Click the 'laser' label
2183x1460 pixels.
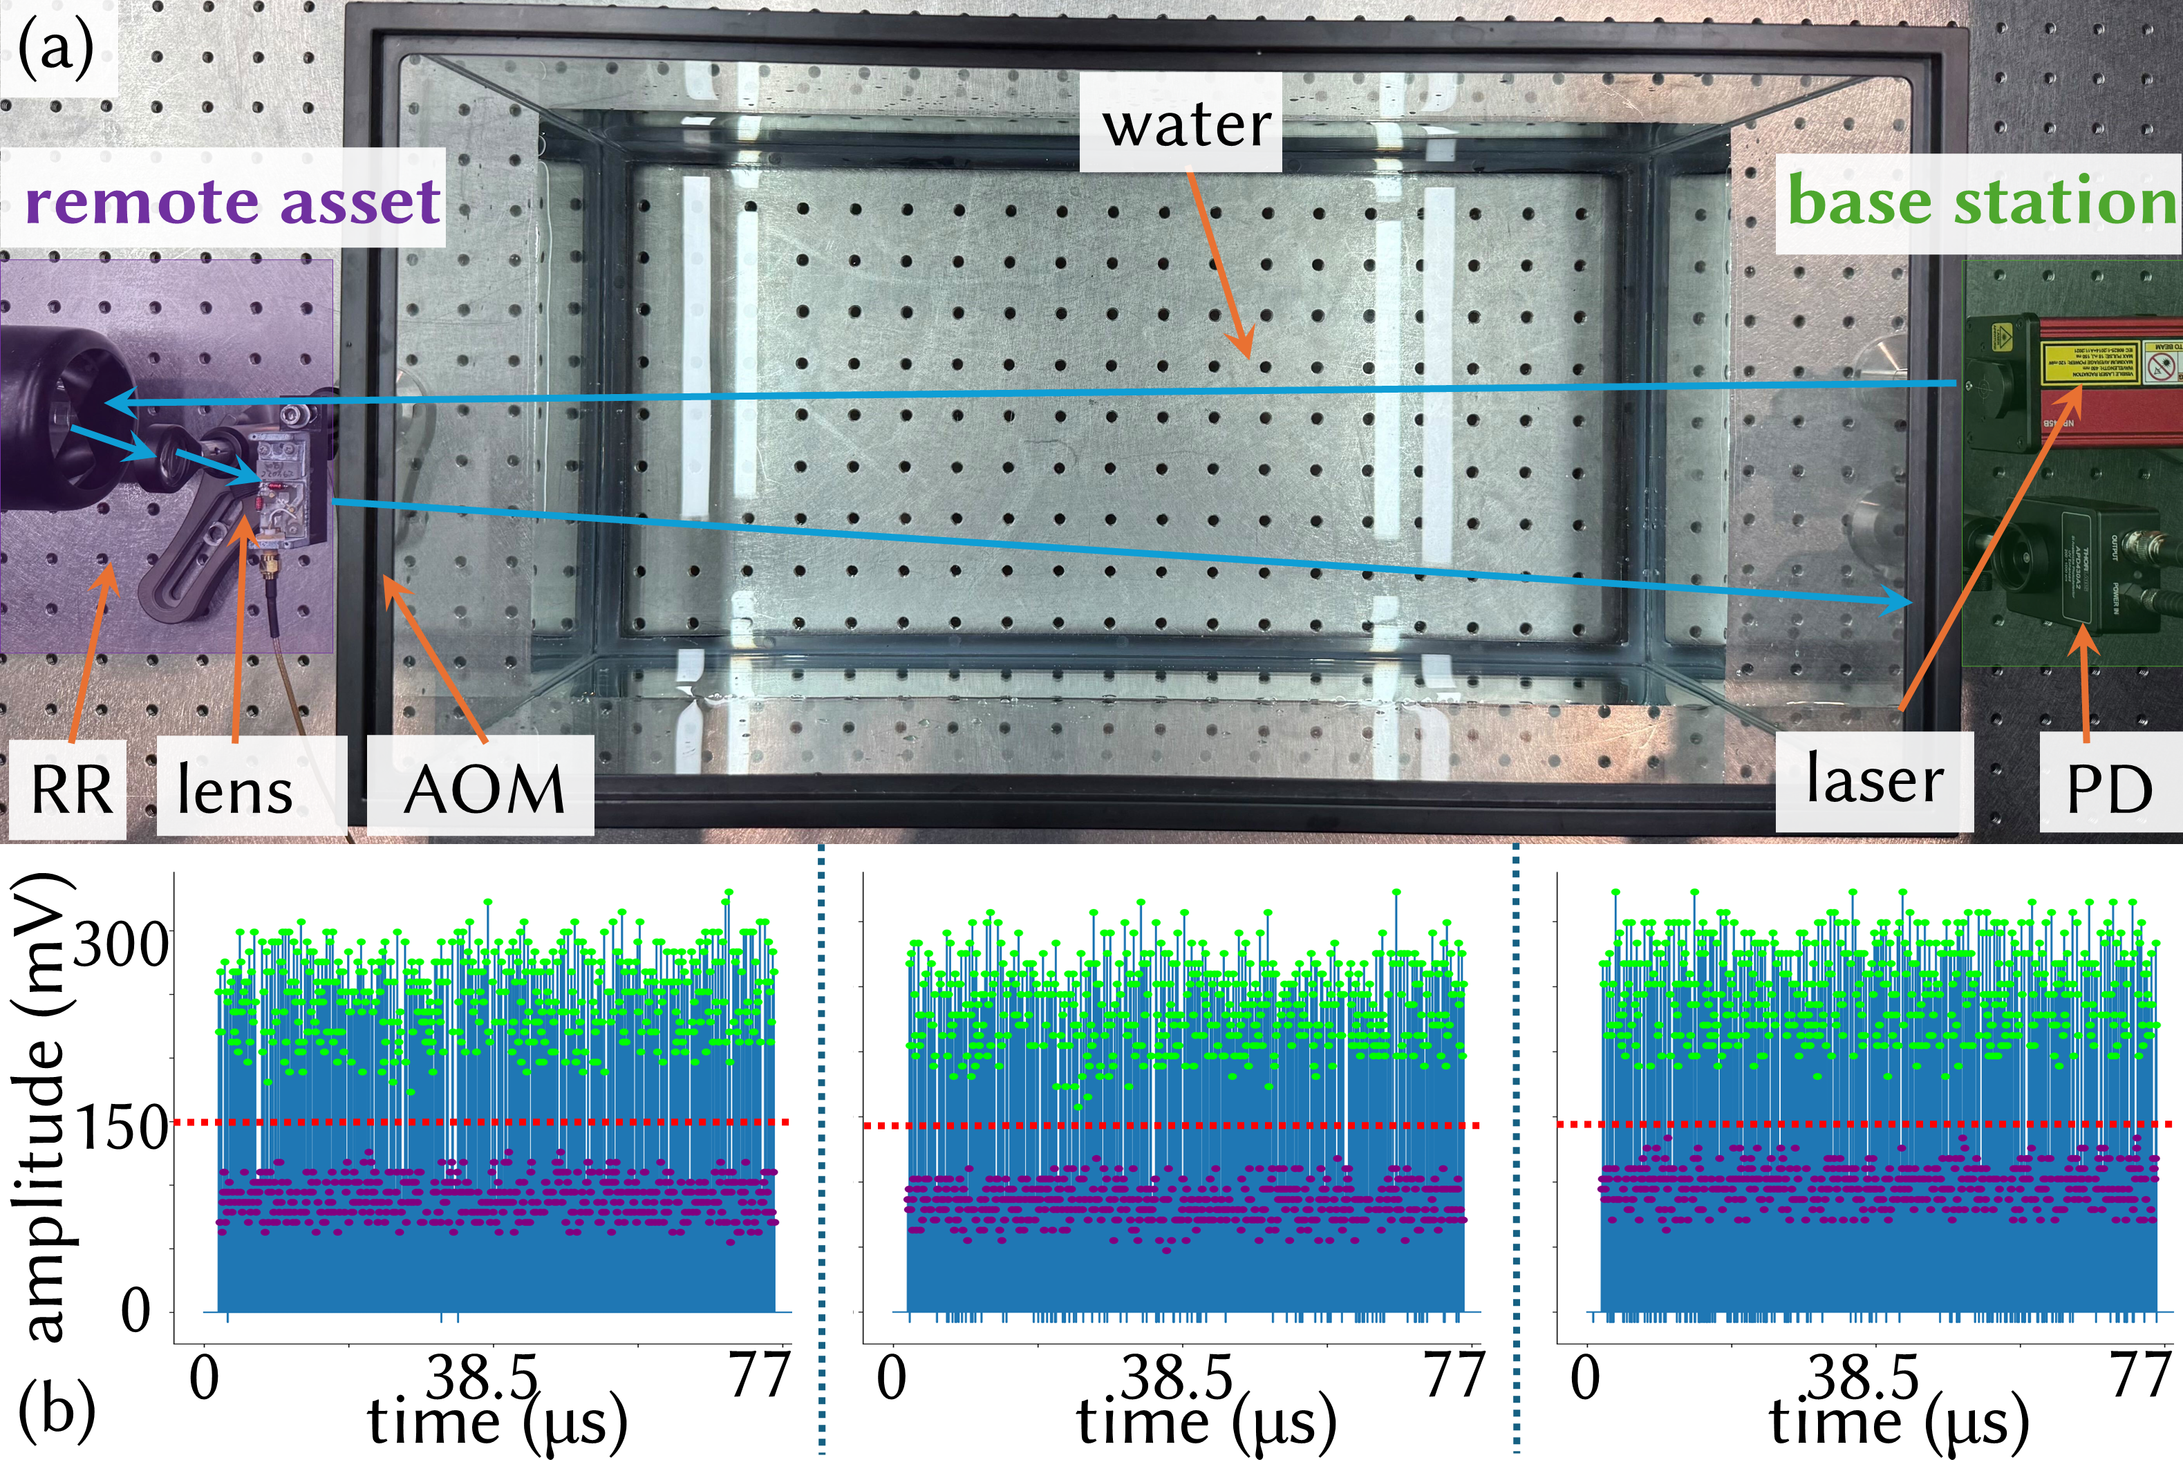point(1874,780)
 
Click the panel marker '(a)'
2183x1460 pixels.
point(56,48)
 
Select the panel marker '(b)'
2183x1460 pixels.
point(56,1412)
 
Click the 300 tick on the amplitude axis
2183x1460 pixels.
point(121,945)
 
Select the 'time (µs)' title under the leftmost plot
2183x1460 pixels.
point(497,1423)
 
